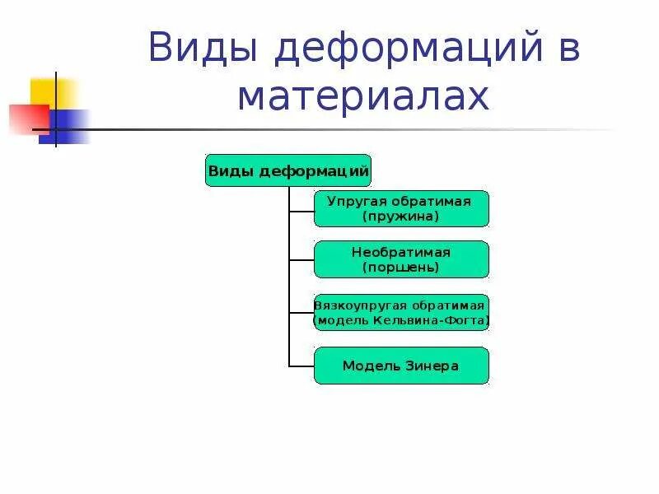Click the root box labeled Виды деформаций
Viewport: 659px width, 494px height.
point(288,170)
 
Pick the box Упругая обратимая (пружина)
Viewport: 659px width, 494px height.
point(401,209)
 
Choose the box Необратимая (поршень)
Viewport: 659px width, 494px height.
point(401,259)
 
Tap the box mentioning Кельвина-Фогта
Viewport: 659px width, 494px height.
point(401,313)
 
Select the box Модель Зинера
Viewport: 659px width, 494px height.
point(401,366)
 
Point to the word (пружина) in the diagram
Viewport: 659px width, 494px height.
point(401,217)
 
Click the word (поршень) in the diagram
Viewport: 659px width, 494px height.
point(401,267)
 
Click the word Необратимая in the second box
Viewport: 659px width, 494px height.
point(401,252)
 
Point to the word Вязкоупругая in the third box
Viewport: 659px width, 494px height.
point(356,305)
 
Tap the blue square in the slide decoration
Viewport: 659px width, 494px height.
point(66,126)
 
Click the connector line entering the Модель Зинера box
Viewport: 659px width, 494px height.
point(301,366)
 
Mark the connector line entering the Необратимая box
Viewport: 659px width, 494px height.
point(301,260)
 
